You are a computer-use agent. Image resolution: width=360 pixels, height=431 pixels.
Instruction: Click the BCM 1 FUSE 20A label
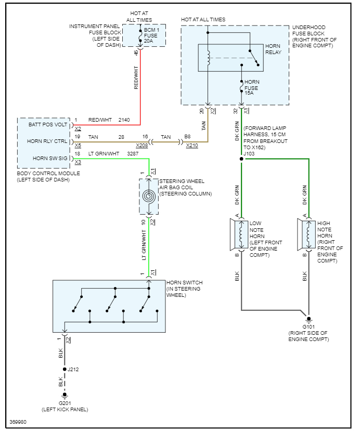pyautogui.click(x=152, y=37)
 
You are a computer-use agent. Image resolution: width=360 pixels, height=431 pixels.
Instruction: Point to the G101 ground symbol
pyautogui.click(x=308, y=319)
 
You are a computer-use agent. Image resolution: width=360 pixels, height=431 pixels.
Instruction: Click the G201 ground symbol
pyautogui.click(x=65, y=396)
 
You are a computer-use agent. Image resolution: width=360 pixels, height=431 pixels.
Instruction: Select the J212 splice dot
pyautogui.click(x=65, y=369)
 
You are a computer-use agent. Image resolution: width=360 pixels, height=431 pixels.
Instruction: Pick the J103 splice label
pyautogui.click(x=249, y=153)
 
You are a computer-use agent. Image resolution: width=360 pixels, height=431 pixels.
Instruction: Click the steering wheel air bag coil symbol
pyautogui.click(x=149, y=196)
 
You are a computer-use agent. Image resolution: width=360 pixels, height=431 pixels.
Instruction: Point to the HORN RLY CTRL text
pyautogui.click(x=48, y=141)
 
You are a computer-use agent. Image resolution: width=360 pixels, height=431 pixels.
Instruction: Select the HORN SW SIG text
pyautogui.click(x=50, y=158)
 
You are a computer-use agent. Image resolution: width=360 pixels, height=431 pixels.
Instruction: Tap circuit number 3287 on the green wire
pyautogui.click(x=133, y=154)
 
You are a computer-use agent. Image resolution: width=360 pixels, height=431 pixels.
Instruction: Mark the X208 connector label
pyautogui.click(x=142, y=146)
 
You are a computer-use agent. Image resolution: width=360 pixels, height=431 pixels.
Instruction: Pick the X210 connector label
pyautogui.click(x=192, y=146)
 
